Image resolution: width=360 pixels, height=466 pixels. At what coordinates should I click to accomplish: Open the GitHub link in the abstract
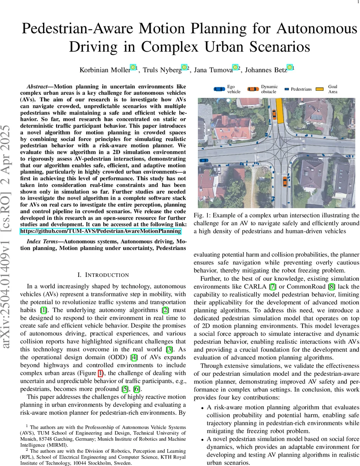coord(101,231)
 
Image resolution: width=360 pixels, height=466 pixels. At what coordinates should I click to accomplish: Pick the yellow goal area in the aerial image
coord(279,110)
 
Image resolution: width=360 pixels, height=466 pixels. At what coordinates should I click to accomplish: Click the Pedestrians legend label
coord(301,89)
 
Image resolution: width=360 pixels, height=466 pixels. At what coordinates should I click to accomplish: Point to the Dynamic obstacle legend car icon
coord(253,89)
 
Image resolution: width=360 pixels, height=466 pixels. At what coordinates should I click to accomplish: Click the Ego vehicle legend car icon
coord(219,89)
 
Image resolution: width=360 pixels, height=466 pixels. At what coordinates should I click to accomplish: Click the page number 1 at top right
coord(357,2)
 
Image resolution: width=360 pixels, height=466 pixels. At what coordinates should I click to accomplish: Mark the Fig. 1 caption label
coord(201,215)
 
